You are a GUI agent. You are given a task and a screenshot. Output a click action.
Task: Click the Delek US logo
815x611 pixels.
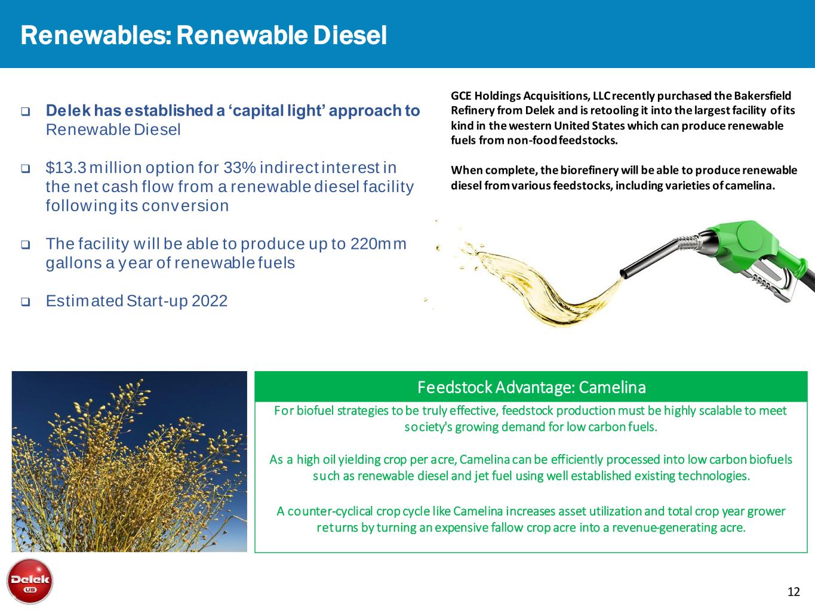point(30,581)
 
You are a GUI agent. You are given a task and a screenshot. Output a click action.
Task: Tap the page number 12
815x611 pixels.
point(794,592)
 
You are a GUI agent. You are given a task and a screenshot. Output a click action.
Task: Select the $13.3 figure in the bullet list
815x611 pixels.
point(66,168)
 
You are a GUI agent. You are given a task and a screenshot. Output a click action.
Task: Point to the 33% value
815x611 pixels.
point(239,168)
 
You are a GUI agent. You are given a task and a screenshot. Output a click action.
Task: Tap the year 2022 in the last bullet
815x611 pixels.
point(210,301)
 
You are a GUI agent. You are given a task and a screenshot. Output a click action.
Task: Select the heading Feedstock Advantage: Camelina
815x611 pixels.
point(531,387)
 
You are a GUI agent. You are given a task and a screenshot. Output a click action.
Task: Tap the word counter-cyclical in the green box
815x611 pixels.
point(330,511)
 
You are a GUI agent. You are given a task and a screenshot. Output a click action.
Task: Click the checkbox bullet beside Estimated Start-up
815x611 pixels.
point(25,301)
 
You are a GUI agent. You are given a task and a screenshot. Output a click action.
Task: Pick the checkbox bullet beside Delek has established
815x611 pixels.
point(25,111)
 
